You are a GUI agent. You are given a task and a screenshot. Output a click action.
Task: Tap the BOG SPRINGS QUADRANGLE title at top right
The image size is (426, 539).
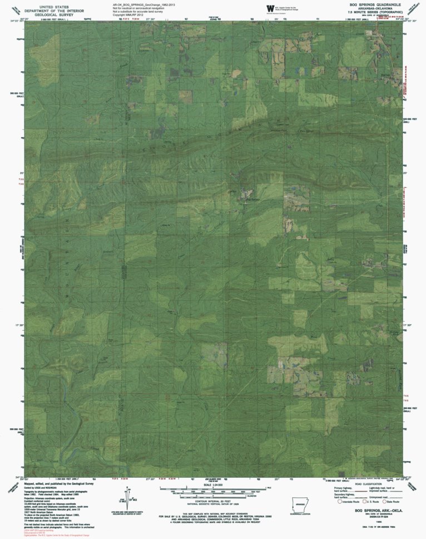coord(377,4)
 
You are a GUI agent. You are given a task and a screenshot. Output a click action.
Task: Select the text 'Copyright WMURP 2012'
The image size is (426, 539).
coord(127,15)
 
